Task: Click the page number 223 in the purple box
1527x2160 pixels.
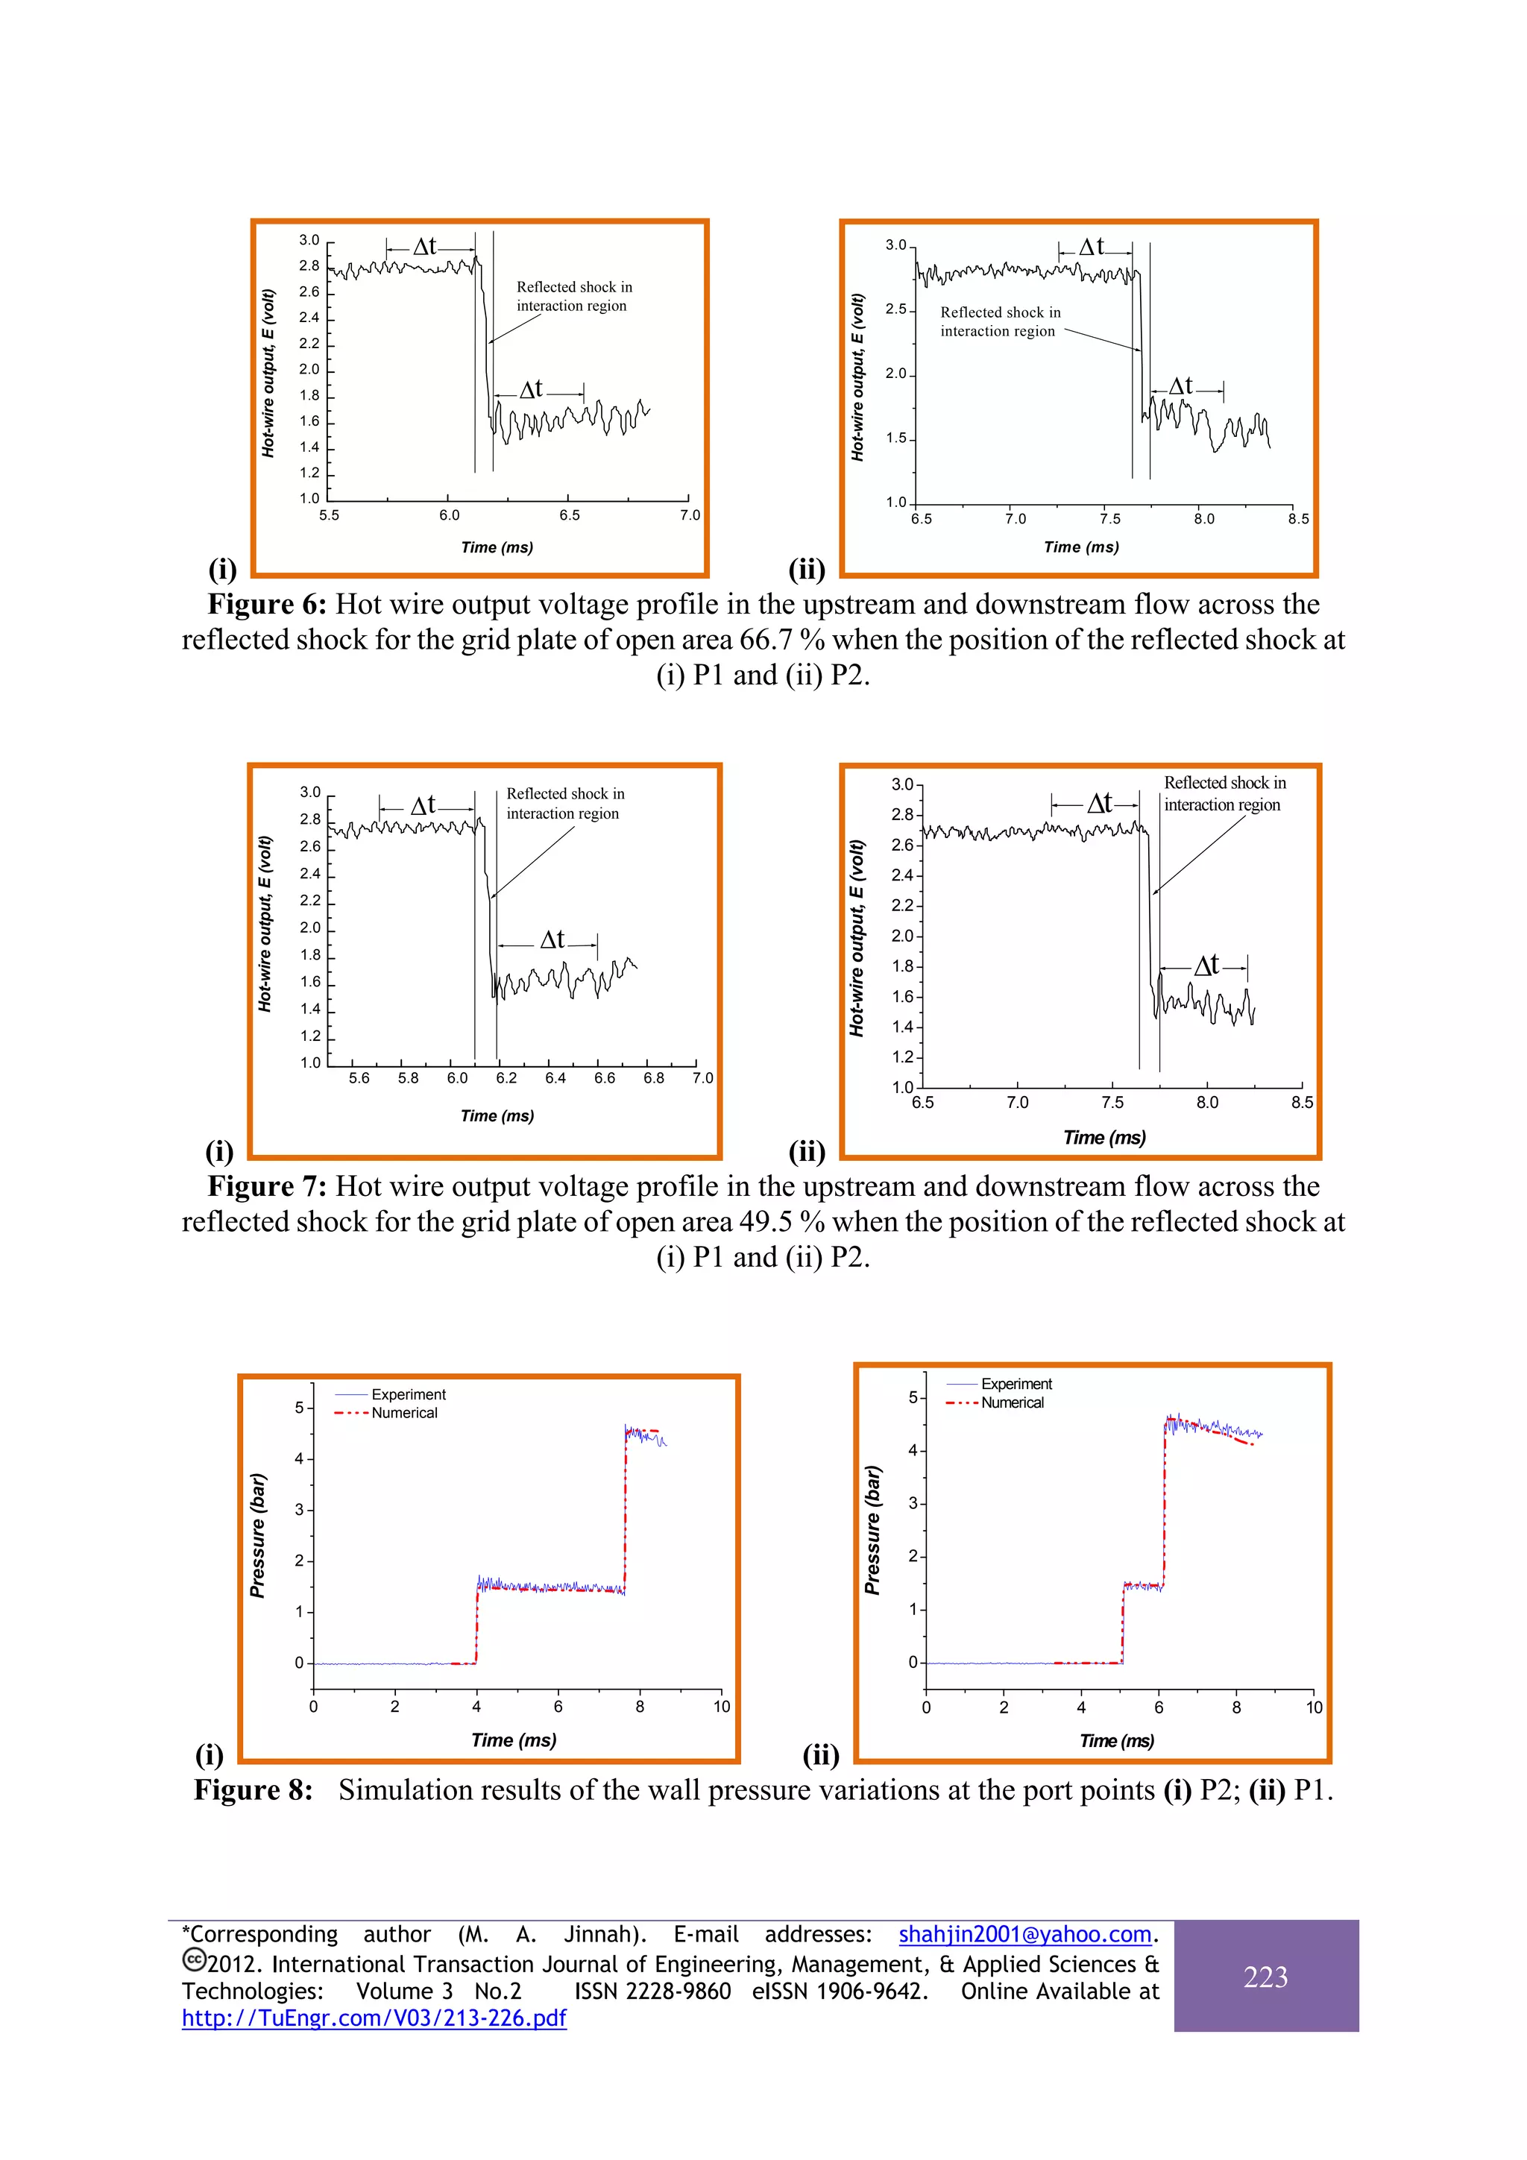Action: pyautogui.click(x=1265, y=1977)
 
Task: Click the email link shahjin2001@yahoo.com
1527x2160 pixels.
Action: pyautogui.click(x=1024, y=1934)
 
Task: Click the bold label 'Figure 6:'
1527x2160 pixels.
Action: pyautogui.click(x=266, y=604)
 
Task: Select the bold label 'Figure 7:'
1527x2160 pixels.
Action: pyautogui.click(x=266, y=1186)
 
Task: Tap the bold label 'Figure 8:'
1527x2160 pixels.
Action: pyautogui.click(x=253, y=1789)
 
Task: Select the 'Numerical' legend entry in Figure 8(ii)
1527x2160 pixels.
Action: pyautogui.click(x=1012, y=1402)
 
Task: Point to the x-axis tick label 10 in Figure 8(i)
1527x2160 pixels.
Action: pyautogui.click(x=721, y=1707)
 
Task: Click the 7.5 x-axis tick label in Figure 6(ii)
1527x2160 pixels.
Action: pyautogui.click(x=1110, y=519)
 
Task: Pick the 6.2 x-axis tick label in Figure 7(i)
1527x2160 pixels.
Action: pyautogui.click(x=506, y=1078)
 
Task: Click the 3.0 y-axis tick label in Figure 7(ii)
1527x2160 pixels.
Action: pyautogui.click(x=901, y=784)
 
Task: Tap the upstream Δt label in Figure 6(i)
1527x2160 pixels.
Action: pyautogui.click(x=425, y=247)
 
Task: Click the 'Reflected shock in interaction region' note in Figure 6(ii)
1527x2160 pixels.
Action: pyautogui.click(x=999, y=322)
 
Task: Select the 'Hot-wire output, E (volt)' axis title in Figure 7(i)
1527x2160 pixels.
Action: pyautogui.click(x=265, y=924)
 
